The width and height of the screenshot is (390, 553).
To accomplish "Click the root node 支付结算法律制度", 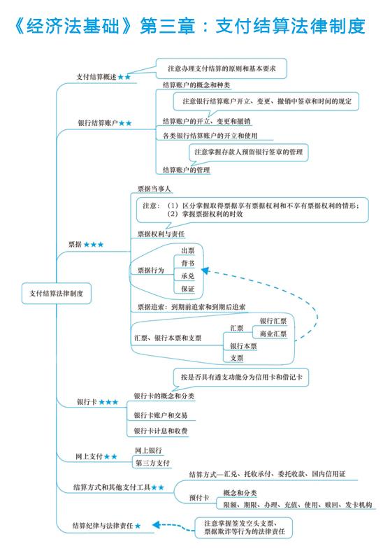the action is [x=57, y=293].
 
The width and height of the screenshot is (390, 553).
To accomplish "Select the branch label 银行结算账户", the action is [x=98, y=123].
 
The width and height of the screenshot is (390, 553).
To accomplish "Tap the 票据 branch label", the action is [x=75, y=245].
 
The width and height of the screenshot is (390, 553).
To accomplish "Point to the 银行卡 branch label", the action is [x=87, y=402].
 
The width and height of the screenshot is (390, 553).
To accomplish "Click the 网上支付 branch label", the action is [x=89, y=457].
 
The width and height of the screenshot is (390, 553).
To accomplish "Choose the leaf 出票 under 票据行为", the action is [x=188, y=251].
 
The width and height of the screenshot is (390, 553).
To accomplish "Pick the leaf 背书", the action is [x=188, y=264].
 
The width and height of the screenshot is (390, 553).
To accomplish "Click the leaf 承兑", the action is [x=188, y=276].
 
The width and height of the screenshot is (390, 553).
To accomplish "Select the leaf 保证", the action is [x=188, y=289].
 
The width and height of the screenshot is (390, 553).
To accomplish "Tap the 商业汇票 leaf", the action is [x=273, y=333].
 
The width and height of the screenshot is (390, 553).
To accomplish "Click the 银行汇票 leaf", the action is [x=273, y=321].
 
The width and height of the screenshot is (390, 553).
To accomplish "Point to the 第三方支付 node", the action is [x=152, y=463].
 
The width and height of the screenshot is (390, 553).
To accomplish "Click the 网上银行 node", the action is [x=148, y=450].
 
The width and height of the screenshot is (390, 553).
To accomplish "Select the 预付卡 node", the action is [x=199, y=498].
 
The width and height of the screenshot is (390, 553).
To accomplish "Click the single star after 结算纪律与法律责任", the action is [x=138, y=526].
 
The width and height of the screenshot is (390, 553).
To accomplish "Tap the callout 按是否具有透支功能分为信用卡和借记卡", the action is [x=242, y=378].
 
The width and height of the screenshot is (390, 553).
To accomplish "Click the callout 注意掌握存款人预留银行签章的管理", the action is [x=249, y=152].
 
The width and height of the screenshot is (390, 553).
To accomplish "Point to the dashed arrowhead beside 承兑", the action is [x=205, y=271].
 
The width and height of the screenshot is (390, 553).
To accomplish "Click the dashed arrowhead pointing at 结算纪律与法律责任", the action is [x=157, y=525].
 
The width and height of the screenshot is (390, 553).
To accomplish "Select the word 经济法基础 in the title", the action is [x=72, y=26].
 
